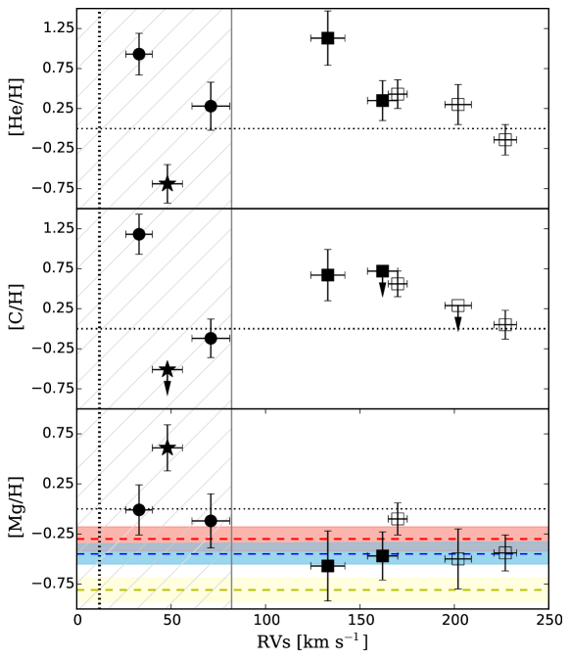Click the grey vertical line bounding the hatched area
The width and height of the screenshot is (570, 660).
231,294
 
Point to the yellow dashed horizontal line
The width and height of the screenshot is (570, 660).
294,589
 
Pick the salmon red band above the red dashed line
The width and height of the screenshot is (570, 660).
274,531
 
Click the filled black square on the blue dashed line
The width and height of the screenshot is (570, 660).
382,555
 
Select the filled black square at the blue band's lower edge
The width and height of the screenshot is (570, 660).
327,565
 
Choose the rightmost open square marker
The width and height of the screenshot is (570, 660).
504,552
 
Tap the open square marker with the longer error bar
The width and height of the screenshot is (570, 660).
457,559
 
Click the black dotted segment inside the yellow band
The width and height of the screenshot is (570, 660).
99,589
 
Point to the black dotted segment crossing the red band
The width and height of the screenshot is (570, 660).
99,533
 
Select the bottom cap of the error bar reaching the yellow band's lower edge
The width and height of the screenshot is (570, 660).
327,600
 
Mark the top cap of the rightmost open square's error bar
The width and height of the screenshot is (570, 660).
504,536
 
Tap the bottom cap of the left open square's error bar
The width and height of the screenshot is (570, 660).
457,589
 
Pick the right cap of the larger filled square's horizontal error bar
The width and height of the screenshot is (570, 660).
397,555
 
